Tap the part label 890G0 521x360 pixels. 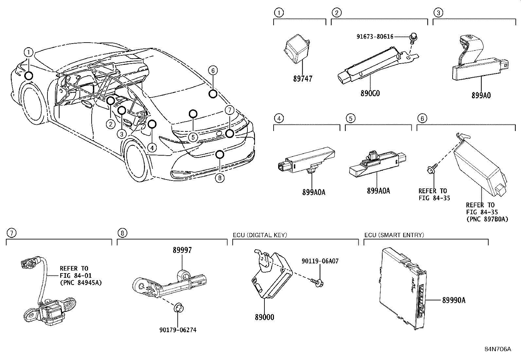click(370, 93)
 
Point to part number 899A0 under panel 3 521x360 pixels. click(481, 95)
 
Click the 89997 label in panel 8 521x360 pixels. click(182, 250)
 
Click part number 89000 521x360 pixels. click(265, 317)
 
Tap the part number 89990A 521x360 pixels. click(454, 300)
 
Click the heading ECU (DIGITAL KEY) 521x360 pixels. click(260, 235)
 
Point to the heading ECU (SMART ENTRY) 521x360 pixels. click(394, 235)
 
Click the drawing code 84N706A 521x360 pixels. click(497, 349)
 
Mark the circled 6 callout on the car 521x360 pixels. click(212, 70)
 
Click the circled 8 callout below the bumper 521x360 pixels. click(220, 178)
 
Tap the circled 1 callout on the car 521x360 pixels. click(28, 52)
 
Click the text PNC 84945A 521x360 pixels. click(81, 282)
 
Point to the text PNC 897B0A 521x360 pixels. click(487, 219)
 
